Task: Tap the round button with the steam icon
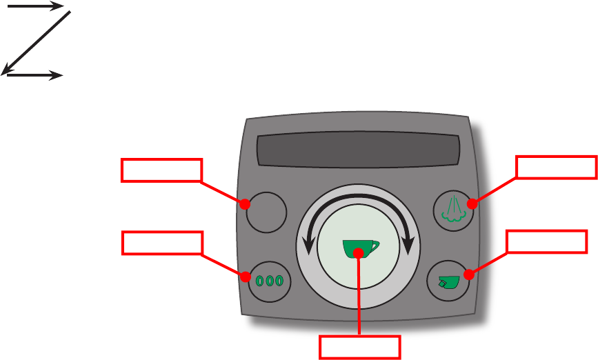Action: pos(452,210)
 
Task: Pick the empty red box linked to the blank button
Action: pos(161,170)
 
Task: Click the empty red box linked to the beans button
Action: pos(161,243)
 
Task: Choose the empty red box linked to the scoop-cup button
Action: pos(546,241)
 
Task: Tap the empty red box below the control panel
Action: pos(359,347)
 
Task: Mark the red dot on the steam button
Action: pos(471,204)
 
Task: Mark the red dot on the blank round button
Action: pos(244,204)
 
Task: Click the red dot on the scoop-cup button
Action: pos(468,275)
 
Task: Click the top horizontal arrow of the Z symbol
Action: pos(34,6)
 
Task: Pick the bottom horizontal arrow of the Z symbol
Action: pos(34,75)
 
